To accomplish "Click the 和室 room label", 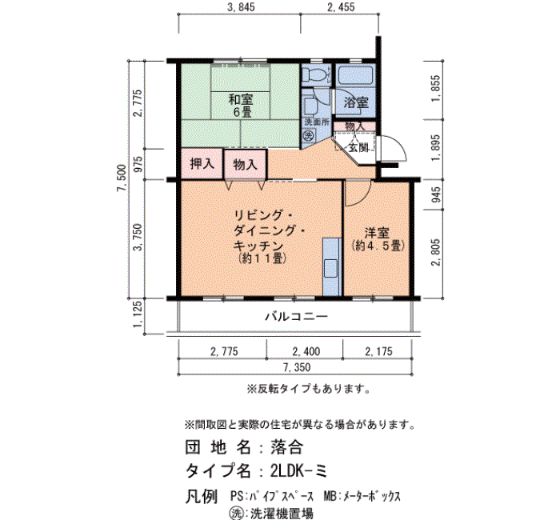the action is coord(240,99).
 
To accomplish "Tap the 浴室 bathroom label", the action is coord(356,103).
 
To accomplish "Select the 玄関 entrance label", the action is coord(358,147).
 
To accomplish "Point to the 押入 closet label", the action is coord(202,163).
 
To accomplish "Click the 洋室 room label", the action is coord(377,233).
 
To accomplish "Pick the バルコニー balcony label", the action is coord(296,317).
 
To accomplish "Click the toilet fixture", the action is coord(316,74).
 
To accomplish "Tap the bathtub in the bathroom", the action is coord(356,74).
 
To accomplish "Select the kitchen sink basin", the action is coord(330,269).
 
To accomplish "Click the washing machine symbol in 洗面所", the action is coord(309,136).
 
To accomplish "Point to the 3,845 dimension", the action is coord(241,7).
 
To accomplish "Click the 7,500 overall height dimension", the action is coord(121,178).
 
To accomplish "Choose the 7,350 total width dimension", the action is coord(297,367).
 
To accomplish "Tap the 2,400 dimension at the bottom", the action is coord(306,352).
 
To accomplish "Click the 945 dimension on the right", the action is coord(436,194).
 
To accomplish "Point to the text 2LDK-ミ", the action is coord(299,471).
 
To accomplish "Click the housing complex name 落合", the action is coord(286,446).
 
